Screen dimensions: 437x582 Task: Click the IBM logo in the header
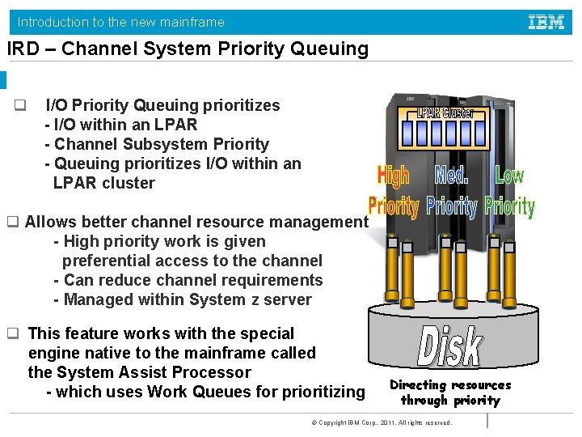546,22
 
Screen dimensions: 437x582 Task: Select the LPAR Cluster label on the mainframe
445,113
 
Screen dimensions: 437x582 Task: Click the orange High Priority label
394,191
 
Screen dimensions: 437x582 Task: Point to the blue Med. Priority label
452,191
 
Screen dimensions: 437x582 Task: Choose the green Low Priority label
510,191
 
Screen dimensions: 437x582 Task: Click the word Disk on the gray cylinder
450,346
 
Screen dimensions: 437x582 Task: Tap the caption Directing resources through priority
450,392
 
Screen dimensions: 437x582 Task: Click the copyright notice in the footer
376,423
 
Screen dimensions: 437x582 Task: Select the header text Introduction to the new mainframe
121,22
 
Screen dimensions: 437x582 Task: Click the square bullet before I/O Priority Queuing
20,105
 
